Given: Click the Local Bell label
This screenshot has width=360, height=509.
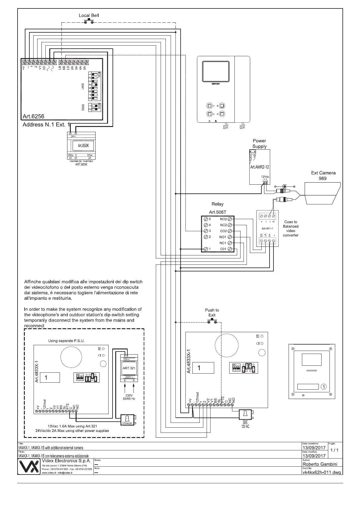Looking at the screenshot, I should click(x=89, y=15).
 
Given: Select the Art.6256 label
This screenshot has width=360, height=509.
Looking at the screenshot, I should click(x=33, y=116).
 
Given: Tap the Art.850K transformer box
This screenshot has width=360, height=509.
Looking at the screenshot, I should click(x=81, y=146).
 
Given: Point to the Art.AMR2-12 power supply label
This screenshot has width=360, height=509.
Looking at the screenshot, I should click(x=260, y=167).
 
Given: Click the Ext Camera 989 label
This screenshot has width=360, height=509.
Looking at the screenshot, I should click(x=323, y=176).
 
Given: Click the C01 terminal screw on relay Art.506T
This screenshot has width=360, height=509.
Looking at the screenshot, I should click(x=230, y=249).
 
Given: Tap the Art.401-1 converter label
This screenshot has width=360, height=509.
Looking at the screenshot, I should click(x=267, y=229).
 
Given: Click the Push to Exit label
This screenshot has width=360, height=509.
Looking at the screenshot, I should click(x=212, y=313).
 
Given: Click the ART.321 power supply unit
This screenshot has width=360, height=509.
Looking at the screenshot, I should click(x=129, y=368).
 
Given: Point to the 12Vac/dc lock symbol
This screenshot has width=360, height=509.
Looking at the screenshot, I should click(x=127, y=420).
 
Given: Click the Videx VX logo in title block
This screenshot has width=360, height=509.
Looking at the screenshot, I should click(x=29, y=467).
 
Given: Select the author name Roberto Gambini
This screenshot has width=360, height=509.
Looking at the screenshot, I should click(x=320, y=464).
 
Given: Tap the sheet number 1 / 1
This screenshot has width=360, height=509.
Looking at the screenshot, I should click(x=335, y=450).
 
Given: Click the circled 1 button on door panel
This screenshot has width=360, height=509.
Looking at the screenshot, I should click(x=324, y=387).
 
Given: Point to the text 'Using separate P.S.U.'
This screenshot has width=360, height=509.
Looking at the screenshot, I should click(x=66, y=341).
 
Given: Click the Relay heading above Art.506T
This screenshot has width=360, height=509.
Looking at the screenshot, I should click(x=218, y=204).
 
